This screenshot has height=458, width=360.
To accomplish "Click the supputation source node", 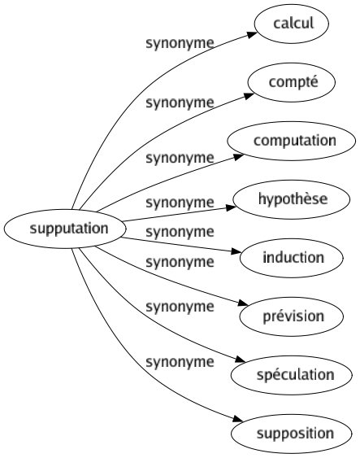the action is (x=65, y=229).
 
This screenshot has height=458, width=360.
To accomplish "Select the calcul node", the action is (x=292, y=24).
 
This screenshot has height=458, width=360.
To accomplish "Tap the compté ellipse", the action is (x=292, y=82).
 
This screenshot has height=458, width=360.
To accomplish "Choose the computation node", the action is (x=292, y=141).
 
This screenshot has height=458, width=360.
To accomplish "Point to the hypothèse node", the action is (x=292, y=199).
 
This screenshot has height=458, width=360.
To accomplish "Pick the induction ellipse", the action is (x=292, y=258).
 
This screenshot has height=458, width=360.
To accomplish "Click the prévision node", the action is (x=292, y=316).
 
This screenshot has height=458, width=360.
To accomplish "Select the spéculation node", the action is (x=292, y=375).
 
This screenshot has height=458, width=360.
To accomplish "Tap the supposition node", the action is (x=292, y=434).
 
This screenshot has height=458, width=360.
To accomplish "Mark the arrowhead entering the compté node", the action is (x=249, y=95).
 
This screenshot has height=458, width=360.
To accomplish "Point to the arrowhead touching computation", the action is (x=238, y=156).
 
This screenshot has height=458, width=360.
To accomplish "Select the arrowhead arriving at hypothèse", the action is (x=231, y=207).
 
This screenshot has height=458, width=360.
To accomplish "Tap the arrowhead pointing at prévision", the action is (x=243, y=303).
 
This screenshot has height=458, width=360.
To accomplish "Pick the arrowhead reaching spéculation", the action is (x=240, y=360).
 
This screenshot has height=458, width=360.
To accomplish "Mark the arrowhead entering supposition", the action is (x=238, y=419).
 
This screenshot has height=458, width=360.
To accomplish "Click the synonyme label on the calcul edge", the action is (x=180, y=44).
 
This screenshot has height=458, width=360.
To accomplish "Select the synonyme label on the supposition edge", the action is (x=180, y=362).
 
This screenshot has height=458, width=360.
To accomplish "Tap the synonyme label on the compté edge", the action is (x=180, y=103).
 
